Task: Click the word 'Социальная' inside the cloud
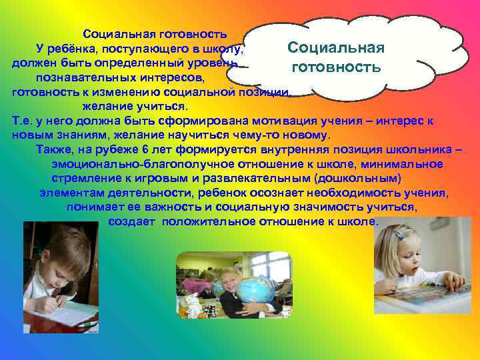coord(336,48)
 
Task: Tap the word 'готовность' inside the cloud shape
coord(336,67)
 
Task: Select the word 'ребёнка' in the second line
coord(77,49)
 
